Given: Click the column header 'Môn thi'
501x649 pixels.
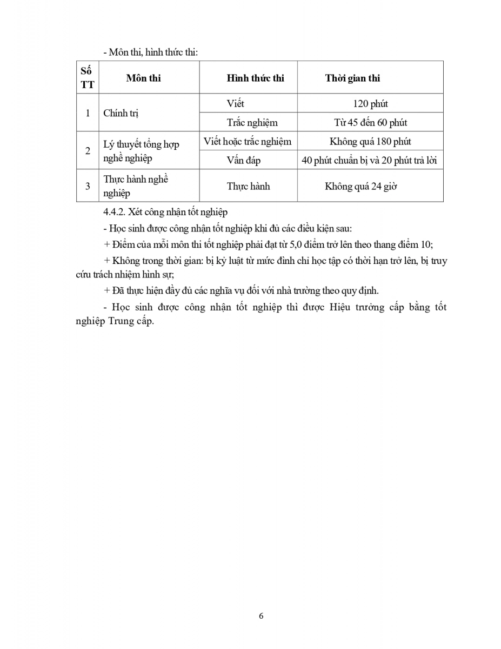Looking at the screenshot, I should (x=143, y=78).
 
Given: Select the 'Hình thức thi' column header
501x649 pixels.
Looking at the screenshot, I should (x=255, y=78).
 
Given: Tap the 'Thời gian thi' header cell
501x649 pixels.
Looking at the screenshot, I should (x=352, y=78).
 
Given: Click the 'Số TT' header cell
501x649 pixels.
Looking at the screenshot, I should (x=87, y=77).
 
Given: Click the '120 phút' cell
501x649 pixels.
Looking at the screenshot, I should (x=370, y=103).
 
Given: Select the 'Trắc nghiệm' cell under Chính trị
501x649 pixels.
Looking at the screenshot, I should (x=252, y=123).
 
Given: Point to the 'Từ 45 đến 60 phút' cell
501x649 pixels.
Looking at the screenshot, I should (x=370, y=123).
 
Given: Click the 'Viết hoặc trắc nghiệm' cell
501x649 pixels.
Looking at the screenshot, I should (x=248, y=142).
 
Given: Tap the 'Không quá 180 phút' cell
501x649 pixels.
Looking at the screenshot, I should (x=370, y=142).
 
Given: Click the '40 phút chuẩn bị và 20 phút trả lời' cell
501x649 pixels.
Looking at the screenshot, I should (x=370, y=161).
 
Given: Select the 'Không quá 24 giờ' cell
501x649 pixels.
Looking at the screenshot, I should (x=361, y=186).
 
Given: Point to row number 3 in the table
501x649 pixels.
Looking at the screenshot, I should (x=88, y=186).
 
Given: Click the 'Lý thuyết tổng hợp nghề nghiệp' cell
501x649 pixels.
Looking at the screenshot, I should (x=141, y=151).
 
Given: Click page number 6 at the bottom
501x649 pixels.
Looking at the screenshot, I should (x=262, y=615).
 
